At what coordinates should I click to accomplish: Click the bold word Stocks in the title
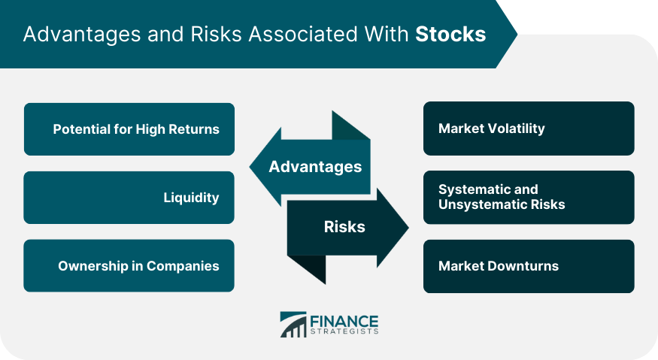(450, 34)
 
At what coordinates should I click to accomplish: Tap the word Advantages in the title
(82, 35)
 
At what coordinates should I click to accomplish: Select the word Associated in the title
(303, 34)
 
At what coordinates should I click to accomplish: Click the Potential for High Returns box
(129, 129)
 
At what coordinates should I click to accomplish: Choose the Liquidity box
(129, 197)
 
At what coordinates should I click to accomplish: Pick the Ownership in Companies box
(129, 265)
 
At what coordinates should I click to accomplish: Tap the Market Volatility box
(529, 129)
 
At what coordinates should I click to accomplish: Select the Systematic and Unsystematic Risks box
(529, 197)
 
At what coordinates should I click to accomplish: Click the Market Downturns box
(529, 266)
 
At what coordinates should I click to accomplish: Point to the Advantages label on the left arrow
(315, 167)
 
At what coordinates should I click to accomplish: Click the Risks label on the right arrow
(344, 226)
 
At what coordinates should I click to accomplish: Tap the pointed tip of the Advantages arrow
(250, 167)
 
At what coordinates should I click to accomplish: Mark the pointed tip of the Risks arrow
(409, 228)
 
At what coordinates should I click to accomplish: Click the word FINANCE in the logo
(344, 322)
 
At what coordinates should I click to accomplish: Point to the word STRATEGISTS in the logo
(344, 331)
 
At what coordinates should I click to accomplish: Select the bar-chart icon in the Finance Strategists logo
(293, 325)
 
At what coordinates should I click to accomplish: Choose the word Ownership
(93, 266)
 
